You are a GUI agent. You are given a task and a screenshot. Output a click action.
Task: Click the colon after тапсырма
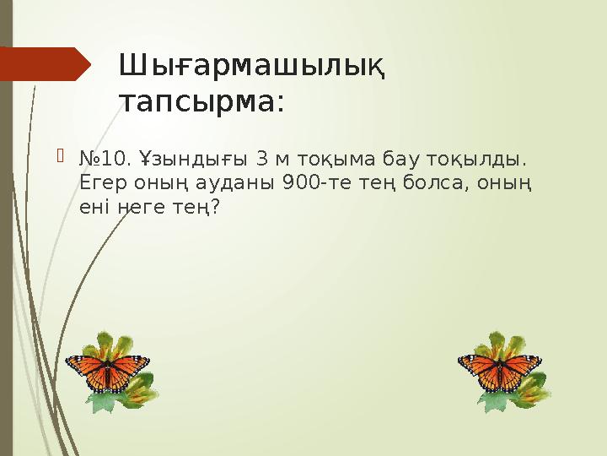(x=279, y=103)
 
